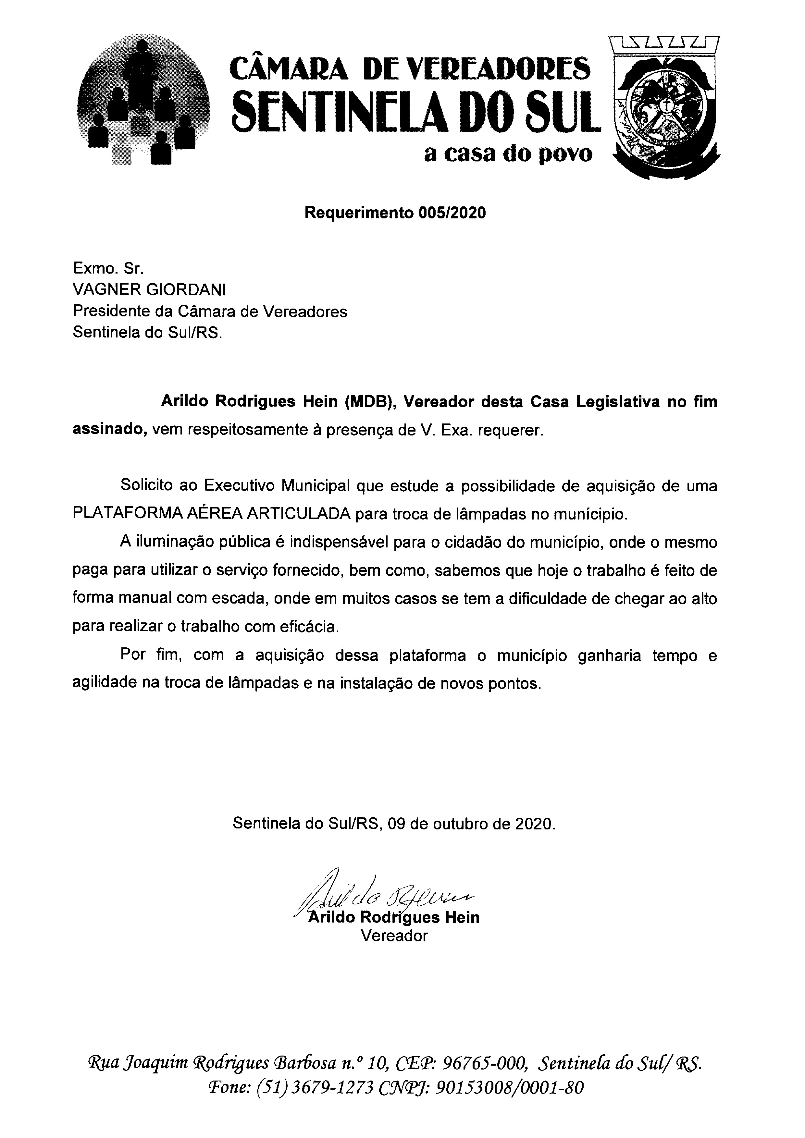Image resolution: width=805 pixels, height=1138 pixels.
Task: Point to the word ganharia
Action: click(610, 655)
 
